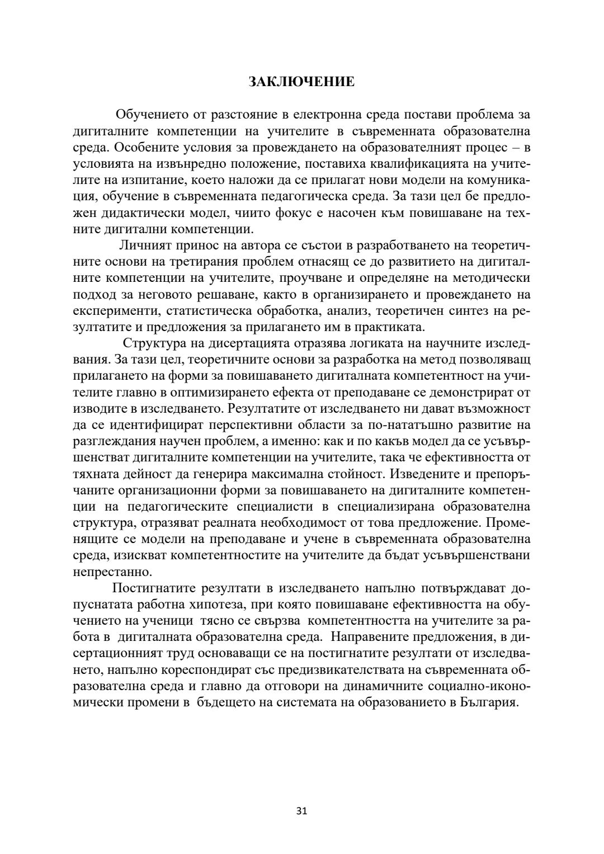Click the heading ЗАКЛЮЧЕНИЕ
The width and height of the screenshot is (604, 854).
click(301, 82)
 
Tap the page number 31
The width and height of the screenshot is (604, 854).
click(301, 811)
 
